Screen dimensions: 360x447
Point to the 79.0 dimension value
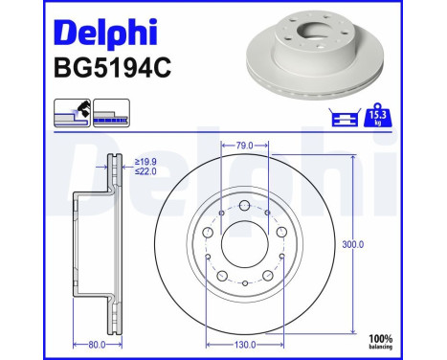(x=245, y=146)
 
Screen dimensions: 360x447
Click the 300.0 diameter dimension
(x=354, y=244)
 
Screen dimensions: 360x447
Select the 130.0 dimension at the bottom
(x=245, y=344)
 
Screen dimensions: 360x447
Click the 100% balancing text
(x=409, y=342)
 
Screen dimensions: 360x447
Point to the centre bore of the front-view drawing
(x=245, y=245)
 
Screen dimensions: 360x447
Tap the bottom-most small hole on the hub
(x=245, y=284)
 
